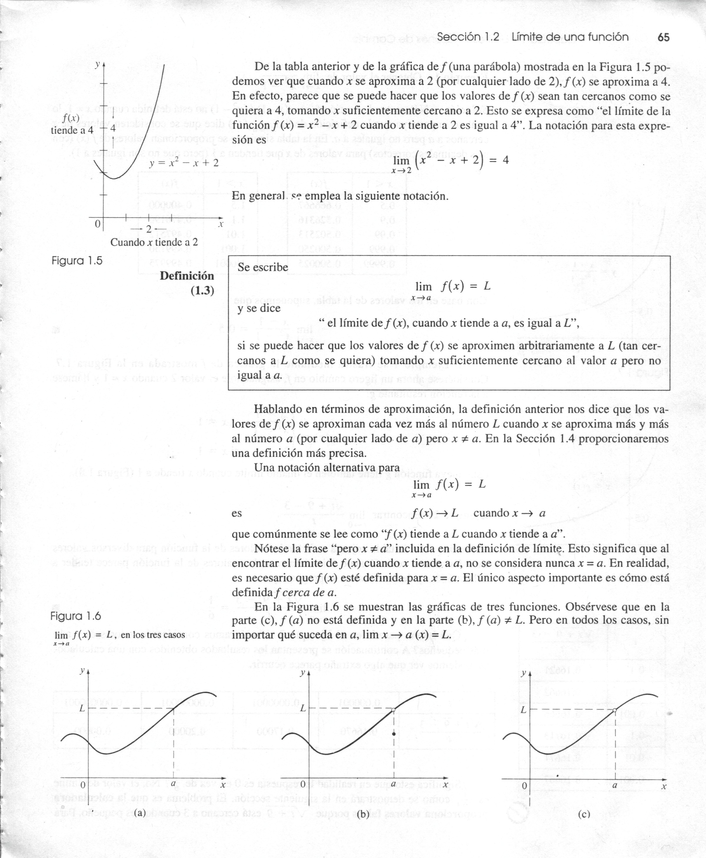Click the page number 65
pyautogui.click(x=663, y=37)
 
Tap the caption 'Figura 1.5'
pyautogui.click(x=77, y=260)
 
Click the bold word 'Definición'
pyautogui.click(x=187, y=276)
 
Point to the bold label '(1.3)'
pyautogui.click(x=202, y=291)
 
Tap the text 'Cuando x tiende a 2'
pyautogui.click(x=154, y=242)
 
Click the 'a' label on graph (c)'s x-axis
pyautogui.click(x=615, y=785)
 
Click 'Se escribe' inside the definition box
pyautogui.click(x=263, y=267)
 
